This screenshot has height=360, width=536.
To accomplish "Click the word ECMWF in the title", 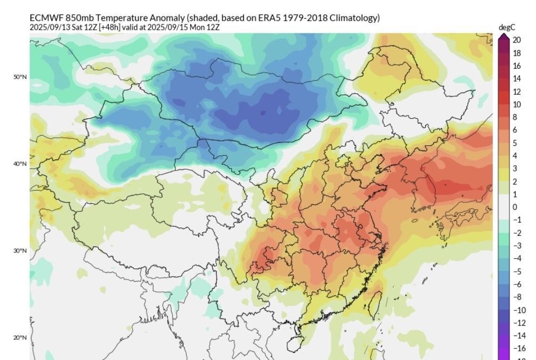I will pos(46,18).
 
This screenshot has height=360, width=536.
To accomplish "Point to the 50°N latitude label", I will pos(20,77).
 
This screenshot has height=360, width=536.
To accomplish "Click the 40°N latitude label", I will pos(20,164).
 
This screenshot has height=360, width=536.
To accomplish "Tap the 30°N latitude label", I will pos(20,251).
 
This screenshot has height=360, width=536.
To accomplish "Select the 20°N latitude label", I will pos(20,338).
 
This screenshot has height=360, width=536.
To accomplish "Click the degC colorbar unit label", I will pos(506,27).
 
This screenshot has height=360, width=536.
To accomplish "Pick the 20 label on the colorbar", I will pos(516,40).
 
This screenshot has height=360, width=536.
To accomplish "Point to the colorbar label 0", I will pos(515,207).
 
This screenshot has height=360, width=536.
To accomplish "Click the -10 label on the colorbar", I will pos(517,310).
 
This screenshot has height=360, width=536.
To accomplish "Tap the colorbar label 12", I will pos(516,92).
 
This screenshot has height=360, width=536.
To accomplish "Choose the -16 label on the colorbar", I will pos(517,348).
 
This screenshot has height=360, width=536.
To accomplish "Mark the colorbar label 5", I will pos(515,143).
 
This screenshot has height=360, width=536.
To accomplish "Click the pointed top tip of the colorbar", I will pos(503,36).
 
